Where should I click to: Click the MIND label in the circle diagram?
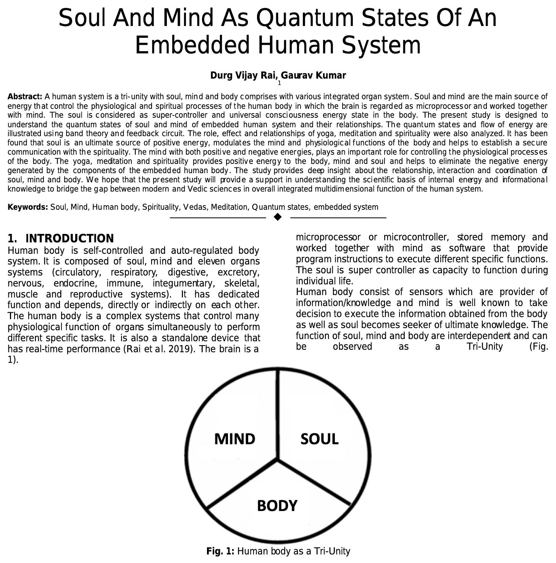pos(234,439)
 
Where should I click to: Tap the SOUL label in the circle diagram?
pos(319,439)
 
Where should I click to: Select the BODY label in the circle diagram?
pos(277,506)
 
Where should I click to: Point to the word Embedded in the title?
pos(193,45)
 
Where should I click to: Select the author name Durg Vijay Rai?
pos(244,75)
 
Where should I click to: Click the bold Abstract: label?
pos(25,96)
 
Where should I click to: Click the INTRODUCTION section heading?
pos(69,239)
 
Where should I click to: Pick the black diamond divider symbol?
pos(278,217)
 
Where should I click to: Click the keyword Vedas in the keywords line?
pos(195,207)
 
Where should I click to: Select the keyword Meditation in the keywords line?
pos(229,207)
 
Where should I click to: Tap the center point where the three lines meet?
pos(278,460)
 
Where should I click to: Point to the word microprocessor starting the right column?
pos(328,237)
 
